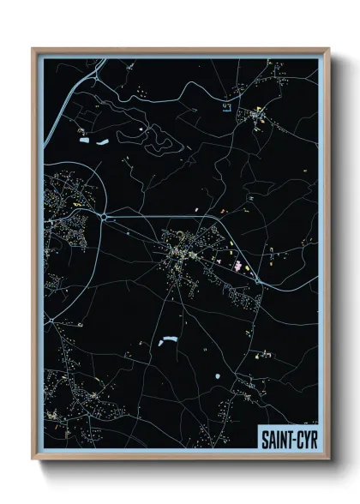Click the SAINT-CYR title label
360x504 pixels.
289,440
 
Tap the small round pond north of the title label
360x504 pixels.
219,376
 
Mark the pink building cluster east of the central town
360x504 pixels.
237,267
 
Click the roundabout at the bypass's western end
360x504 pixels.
104,218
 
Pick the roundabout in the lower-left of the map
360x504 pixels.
51,321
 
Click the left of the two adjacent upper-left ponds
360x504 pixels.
84,141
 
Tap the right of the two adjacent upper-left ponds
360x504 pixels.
102,141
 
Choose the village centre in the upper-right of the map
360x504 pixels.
256,114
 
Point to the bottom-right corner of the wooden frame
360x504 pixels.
328,459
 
